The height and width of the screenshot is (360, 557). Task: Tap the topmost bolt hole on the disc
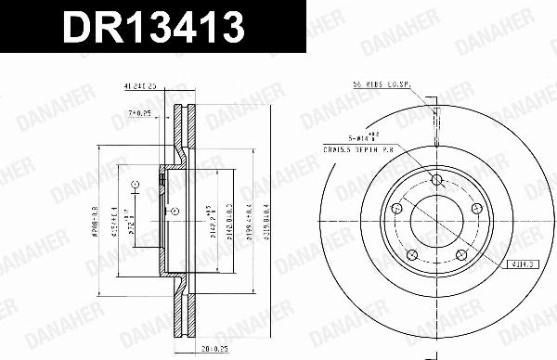coord(436,181)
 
